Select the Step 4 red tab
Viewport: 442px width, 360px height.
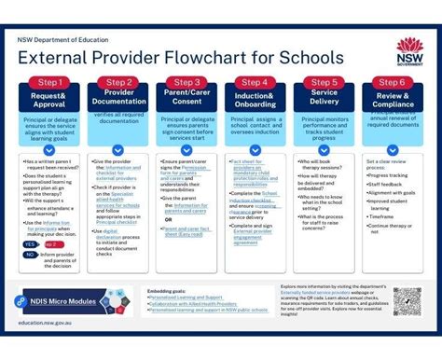(255, 82)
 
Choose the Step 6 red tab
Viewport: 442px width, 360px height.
(392, 82)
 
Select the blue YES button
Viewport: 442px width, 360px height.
(30, 242)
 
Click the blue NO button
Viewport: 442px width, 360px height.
(30, 254)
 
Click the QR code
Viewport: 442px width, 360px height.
(407, 301)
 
